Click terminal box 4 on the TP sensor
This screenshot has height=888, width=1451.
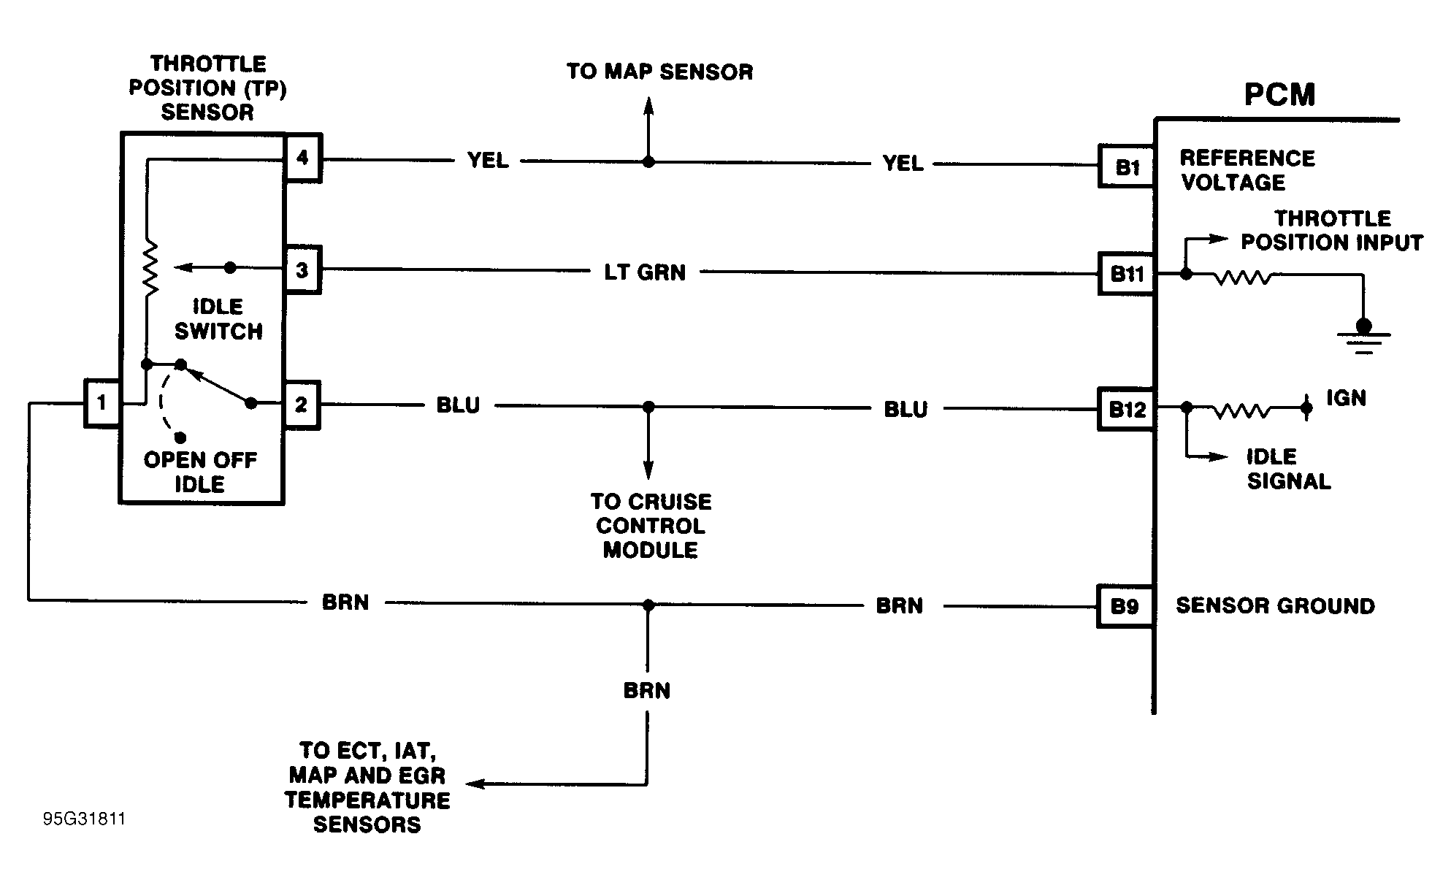click(302, 157)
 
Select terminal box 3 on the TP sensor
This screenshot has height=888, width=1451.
click(302, 270)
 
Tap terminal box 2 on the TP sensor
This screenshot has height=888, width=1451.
click(301, 405)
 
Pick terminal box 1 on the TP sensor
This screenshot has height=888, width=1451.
click(102, 402)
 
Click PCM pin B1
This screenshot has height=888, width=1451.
click(1127, 167)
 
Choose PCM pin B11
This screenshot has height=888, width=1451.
click(1127, 274)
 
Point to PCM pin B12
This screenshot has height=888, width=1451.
click(1127, 409)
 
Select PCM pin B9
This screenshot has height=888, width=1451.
click(1125, 606)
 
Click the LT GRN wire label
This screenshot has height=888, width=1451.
click(645, 272)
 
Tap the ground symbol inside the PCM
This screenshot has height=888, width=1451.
click(1363, 336)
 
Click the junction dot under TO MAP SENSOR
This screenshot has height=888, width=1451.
click(648, 161)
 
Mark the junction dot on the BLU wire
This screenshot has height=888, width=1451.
click(648, 406)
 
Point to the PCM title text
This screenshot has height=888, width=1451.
click(1279, 95)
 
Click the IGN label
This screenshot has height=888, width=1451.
click(1346, 398)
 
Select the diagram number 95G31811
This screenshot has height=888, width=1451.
click(84, 819)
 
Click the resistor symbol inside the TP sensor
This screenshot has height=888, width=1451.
click(150, 269)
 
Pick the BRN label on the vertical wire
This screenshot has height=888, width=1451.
click(647, 690)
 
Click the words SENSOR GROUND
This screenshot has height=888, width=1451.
click(1275, 606)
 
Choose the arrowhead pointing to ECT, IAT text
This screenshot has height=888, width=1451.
click(475, 784)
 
